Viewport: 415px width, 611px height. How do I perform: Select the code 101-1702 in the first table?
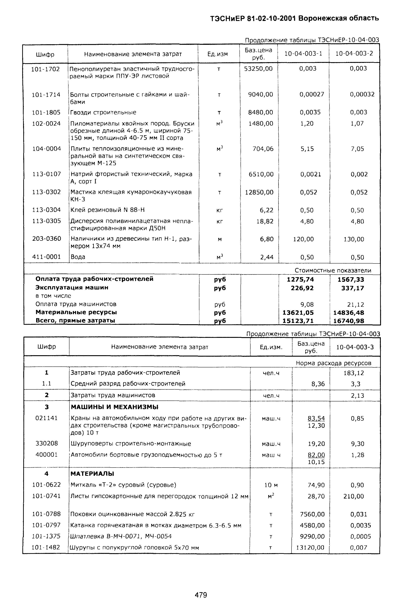pyautogui.click(x=45, y=69)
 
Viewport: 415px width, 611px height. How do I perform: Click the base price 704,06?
pyautogui.click(x=263, y=149)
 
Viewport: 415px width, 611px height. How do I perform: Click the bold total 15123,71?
pyautogui.click(x=298, y=321)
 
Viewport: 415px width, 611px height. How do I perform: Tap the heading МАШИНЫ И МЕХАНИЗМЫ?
pyautogui.click(x=115, y=407)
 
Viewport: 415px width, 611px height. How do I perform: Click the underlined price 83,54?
pyautogui.click(x=316, y=418)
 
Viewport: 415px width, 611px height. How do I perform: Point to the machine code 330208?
pyautogui.click(x=47, y=443)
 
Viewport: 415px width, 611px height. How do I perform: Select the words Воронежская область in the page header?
pyautogui.click(x=339, y=18)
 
